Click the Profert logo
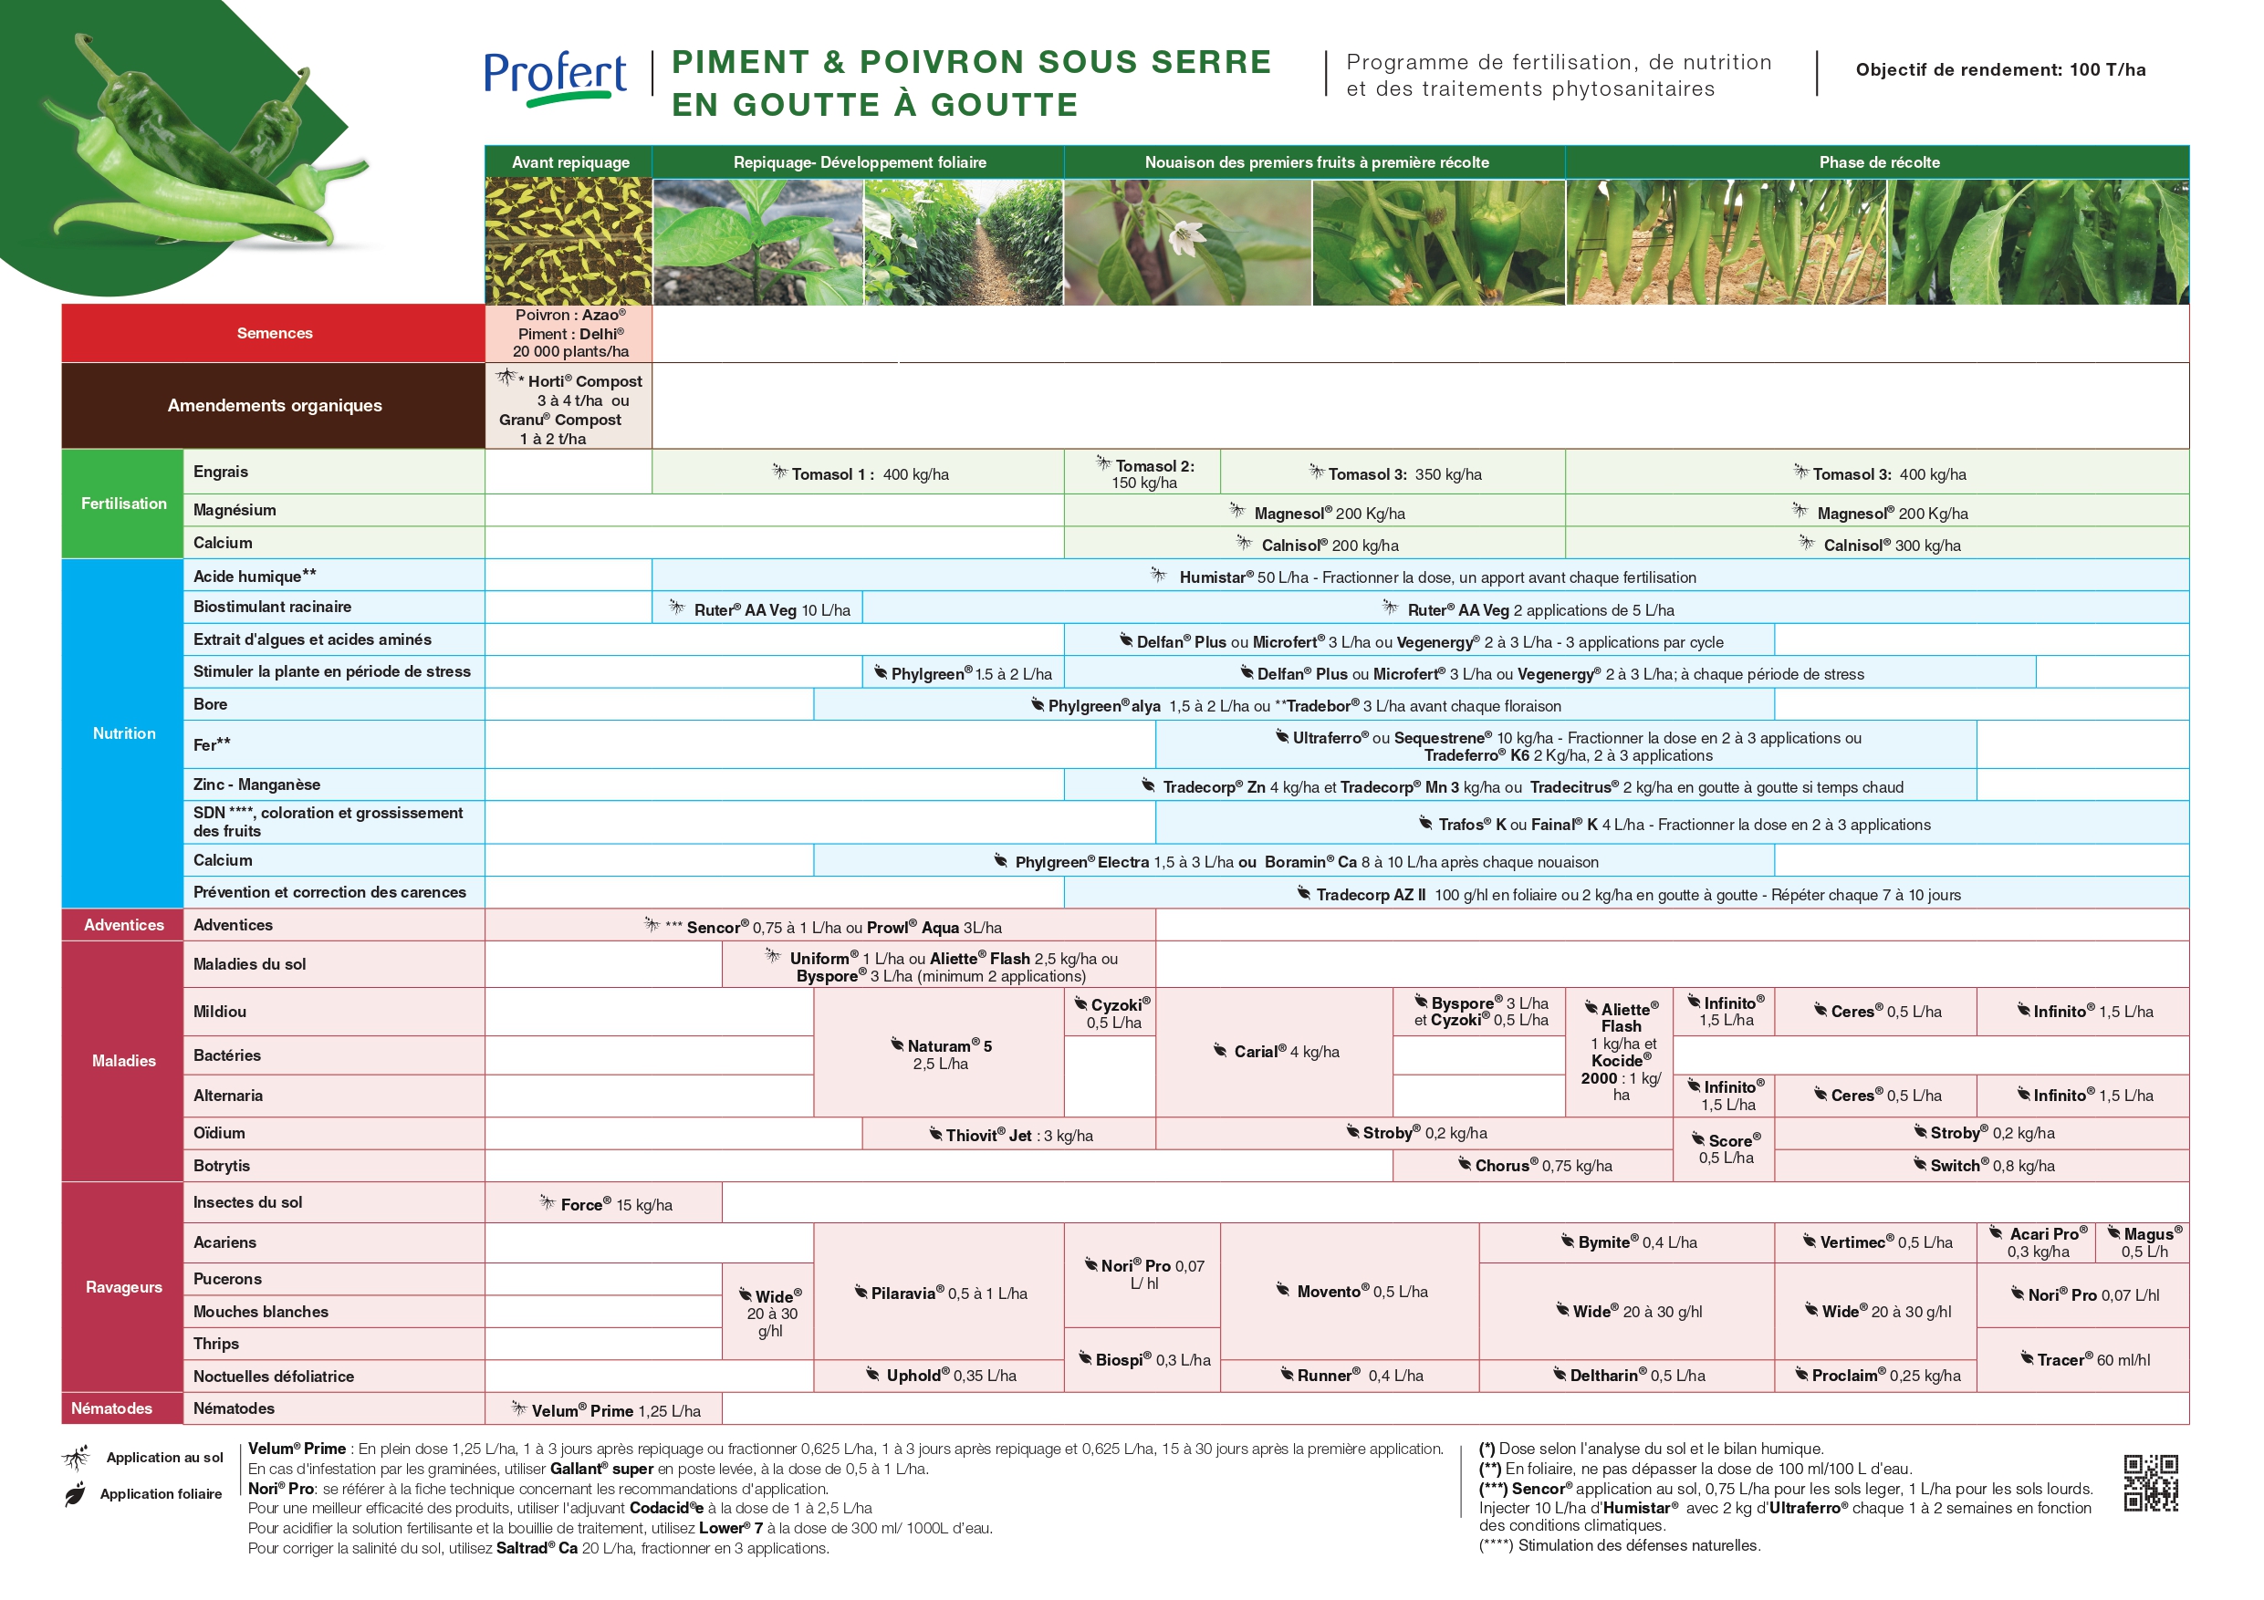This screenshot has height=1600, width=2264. click(555, 77)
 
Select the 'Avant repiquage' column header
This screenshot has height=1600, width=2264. click(570, 162)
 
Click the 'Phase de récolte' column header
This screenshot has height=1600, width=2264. click(1877, 162)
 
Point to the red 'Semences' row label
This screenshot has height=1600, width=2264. click(274, 333)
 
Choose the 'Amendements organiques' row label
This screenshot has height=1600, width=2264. click(274, 405)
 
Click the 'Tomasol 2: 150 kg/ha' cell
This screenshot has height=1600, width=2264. click(1142, 473)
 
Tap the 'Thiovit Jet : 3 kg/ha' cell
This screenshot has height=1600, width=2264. click(1010, 1135)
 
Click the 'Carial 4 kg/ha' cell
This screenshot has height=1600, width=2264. click(1275, 1052)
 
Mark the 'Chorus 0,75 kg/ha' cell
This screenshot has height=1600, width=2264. click(1534, 1165)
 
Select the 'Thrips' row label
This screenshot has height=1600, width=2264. click(216, 1344)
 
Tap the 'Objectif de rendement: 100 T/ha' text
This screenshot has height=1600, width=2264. click(1999, 70)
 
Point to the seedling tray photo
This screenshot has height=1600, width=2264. click(568, 242)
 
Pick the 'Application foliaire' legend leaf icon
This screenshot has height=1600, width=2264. click(75, 1494)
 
